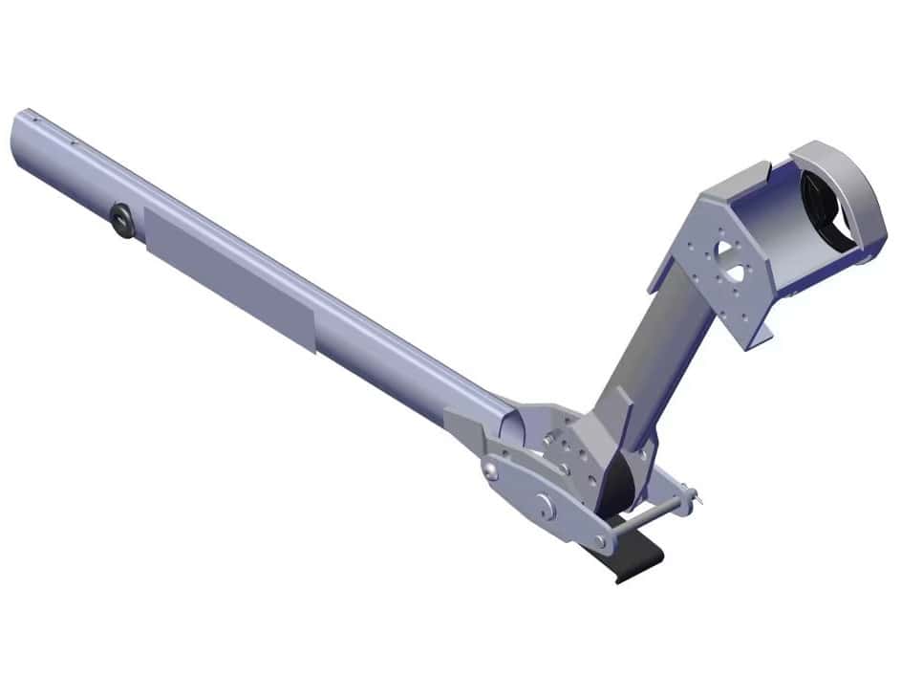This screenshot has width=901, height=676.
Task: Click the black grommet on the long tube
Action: click(x=121, y=220)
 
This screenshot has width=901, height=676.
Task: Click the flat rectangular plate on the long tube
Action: click(x=229, y=278)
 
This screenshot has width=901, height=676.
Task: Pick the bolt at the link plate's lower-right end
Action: click(x=601, y=541)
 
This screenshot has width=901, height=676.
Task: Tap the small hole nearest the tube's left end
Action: click(x=33, y=120)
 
